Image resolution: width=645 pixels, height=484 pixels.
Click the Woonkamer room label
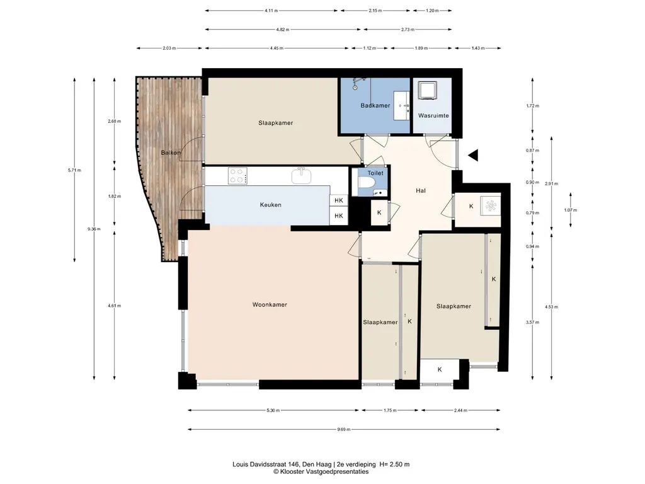[x=270, y=304]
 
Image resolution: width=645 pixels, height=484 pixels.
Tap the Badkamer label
[x=375, y=105]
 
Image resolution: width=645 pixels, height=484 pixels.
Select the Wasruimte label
[x=433, y=115]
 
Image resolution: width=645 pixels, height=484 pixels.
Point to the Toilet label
[x=375, y=173]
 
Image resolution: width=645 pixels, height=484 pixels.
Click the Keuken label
[x=270, y=205]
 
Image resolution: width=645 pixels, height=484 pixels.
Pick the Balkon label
[x=171, y=153]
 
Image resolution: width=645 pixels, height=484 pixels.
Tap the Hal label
[x=420, y=190]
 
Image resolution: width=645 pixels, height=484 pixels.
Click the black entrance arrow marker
[x=474, y=155]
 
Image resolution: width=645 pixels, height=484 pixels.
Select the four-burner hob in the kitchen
[x=237, y=176]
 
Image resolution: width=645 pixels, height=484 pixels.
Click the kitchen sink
[x=301, y=176]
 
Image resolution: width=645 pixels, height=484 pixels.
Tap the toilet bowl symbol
[x=366, y=182]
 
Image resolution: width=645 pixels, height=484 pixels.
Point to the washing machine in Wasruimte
[x=427, y=90]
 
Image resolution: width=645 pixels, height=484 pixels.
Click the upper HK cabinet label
[x=338, y=200]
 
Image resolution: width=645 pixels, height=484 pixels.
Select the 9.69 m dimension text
[x=343, y=429]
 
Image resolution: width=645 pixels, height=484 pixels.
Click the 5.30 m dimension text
[x=273, y=410]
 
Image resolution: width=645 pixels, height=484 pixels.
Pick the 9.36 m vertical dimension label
[x=94, y=229]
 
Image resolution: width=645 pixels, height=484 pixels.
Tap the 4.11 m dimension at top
[x=271, y=10]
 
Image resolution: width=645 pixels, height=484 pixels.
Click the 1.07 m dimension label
[x=571, y=210]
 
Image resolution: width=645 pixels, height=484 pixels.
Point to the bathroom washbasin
[x=401, y=106]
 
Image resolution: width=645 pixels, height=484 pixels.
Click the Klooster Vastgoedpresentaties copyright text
[x=321, y=471]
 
